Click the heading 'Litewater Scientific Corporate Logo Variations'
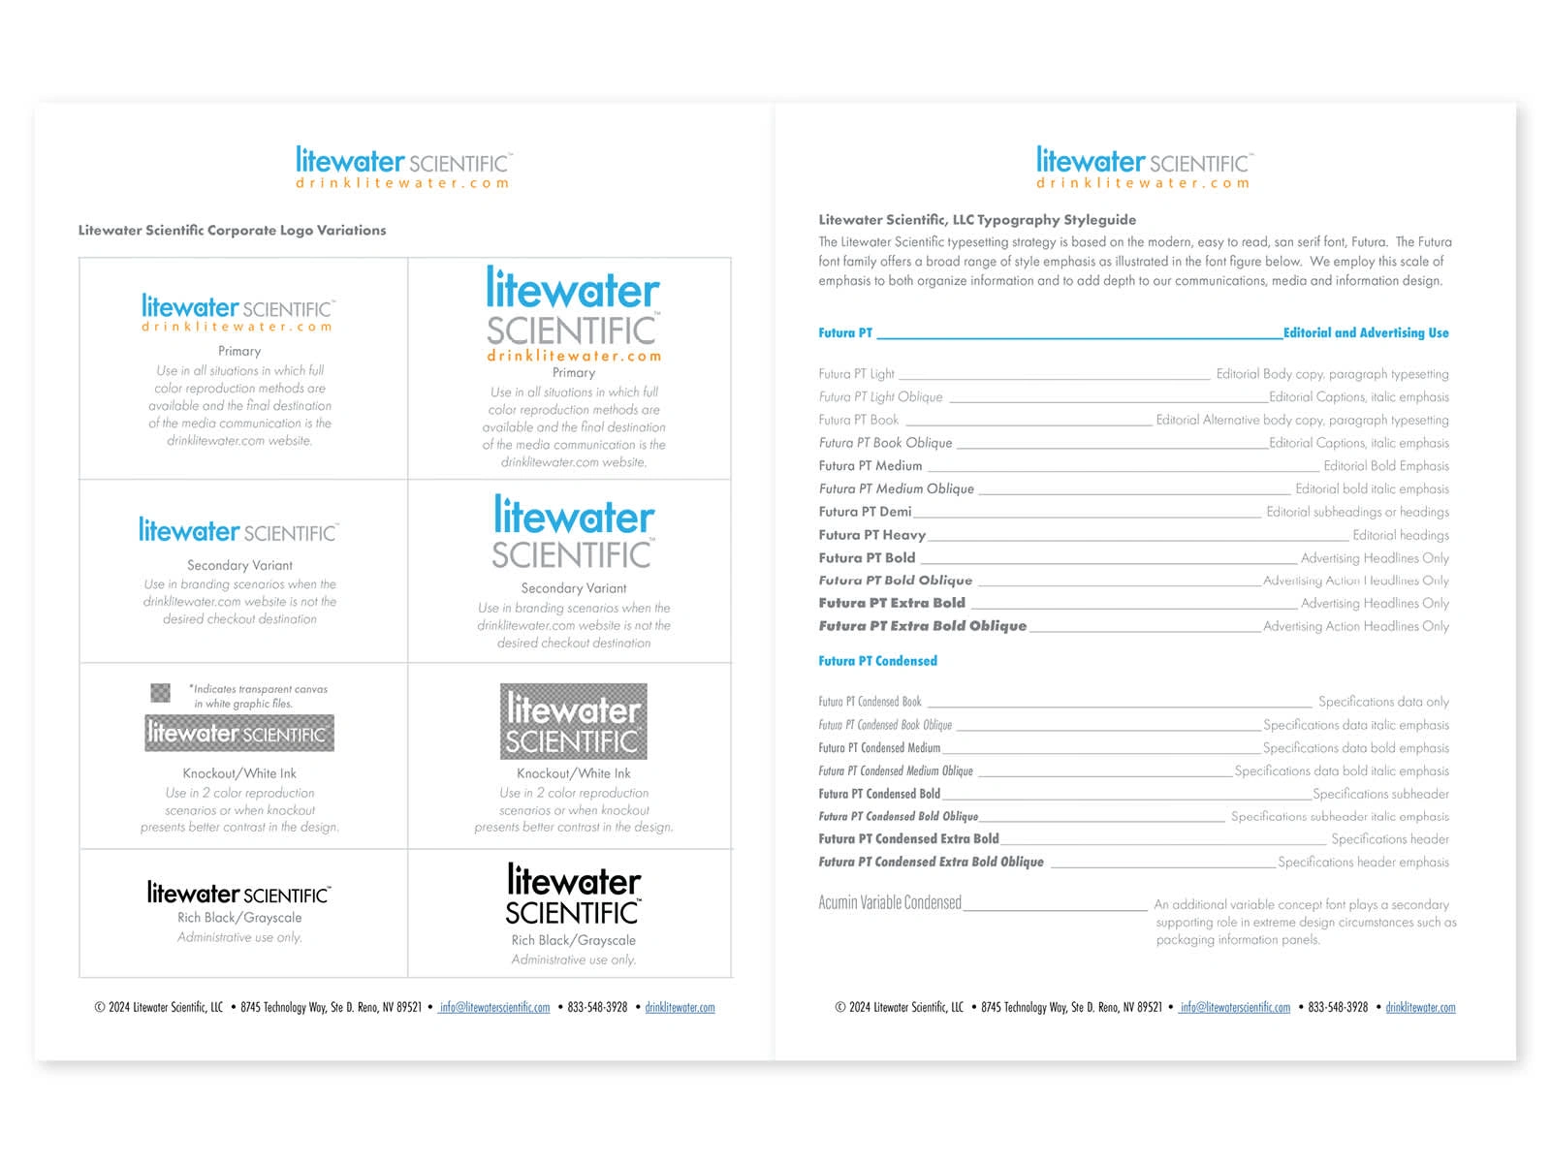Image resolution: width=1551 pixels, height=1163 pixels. tap(232, 231)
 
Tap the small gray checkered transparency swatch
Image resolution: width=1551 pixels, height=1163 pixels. tap(160, 692)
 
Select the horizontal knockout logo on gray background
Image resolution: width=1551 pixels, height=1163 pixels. tap(239, 734)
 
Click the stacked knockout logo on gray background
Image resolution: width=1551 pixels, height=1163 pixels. tap(573, 722)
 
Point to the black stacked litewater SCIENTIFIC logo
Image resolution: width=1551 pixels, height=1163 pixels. tap(573, 895)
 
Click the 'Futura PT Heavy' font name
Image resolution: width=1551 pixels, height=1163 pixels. tap(871, 535)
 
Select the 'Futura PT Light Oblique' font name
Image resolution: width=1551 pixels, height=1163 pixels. tap(880, 397)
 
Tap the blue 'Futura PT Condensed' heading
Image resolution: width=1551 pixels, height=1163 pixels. tap(877, 661)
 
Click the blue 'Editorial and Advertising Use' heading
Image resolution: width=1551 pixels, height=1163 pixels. tap(1366, 332)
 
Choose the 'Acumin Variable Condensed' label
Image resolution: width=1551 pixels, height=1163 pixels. tap(890, 903)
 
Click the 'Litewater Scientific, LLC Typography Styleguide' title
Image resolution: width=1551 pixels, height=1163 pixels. tap(977, 220)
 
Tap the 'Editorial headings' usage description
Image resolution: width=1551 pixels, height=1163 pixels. tap(1401, 535)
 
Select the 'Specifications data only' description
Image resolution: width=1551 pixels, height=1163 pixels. tap(1383, 702)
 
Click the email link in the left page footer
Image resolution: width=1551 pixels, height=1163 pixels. tap(494, 1008)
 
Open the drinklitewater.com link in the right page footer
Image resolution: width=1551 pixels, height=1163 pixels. tap(1420, 1008)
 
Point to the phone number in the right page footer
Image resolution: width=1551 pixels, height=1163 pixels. tap(1338, 1008)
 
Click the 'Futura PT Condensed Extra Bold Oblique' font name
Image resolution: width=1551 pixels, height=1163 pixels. tap(931, 862)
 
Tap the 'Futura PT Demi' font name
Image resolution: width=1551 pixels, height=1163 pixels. tap(865, 512)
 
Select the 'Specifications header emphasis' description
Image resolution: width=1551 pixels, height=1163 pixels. tap(1363, 862)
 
